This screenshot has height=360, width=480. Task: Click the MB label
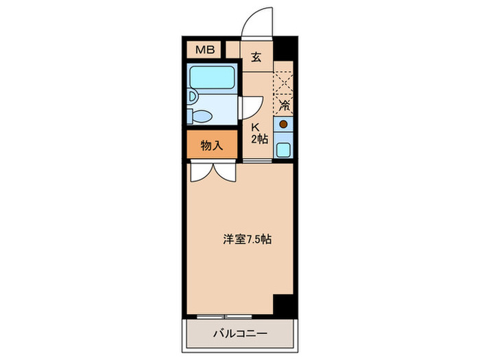point(204,50)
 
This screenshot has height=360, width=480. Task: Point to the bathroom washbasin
point(193,97)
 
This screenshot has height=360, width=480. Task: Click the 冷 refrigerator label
point(283,105)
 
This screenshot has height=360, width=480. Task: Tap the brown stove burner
point(283,125)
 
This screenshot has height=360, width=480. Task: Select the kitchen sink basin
point(283,149)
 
